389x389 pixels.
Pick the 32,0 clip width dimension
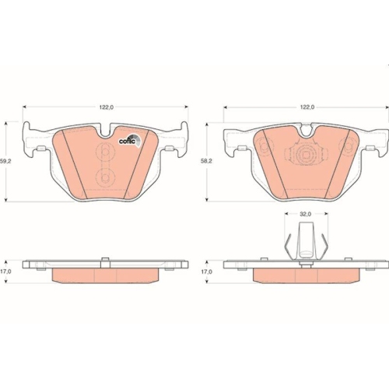click(x=306, y=213)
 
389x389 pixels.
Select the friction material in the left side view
click(x=106, y=275)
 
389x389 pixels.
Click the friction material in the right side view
click(x=306, y=275)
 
